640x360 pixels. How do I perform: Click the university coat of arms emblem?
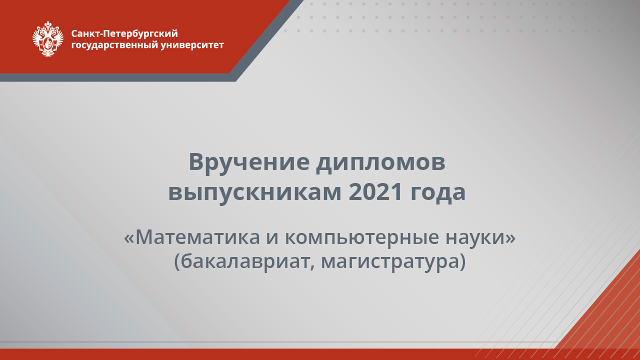[48, 38]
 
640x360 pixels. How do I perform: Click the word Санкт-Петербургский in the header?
[124, 33]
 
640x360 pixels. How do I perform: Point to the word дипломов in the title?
[380, 163]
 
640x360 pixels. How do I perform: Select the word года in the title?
[438, 193]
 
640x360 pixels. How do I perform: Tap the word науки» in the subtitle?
[480, 237]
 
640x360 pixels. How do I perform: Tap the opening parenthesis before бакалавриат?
[177, 261]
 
